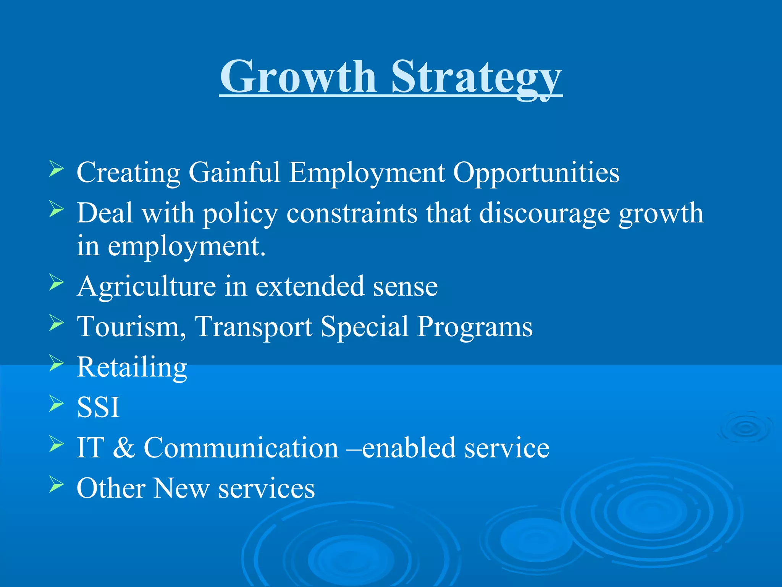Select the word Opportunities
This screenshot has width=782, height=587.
point(536,173)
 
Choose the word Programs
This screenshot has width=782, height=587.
point(475,327)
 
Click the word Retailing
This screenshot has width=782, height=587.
point(132,367)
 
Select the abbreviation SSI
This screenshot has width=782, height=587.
point(98,407)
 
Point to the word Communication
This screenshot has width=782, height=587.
point(241,448)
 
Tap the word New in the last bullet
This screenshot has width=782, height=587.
point(181,488)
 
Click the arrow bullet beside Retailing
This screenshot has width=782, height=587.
point(56,363)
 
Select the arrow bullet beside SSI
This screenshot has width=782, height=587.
point(56,404)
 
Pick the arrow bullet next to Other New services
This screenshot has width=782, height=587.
point(56,485)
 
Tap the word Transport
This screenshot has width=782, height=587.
point(253,327)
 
